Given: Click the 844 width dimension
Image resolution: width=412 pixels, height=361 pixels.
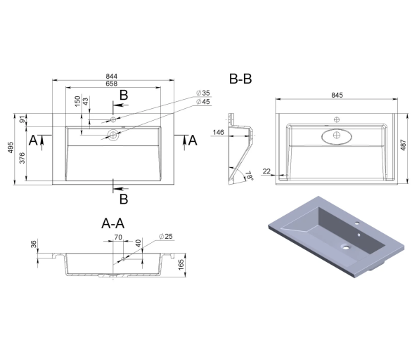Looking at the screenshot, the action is pos(111,76).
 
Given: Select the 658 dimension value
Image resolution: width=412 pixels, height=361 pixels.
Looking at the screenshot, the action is pos(111,84).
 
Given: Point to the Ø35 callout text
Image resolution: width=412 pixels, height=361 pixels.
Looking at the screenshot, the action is pos(203,93).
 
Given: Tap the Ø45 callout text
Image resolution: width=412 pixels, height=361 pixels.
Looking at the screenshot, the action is pos(203,102).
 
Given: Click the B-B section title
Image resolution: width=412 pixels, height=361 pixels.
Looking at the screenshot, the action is pos(240,79).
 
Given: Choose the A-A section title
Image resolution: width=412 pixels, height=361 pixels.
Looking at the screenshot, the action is pos(113,223).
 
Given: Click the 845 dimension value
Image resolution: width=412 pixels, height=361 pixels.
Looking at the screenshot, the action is pos(337,95).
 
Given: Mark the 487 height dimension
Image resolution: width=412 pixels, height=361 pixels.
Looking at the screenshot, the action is pos(404,145).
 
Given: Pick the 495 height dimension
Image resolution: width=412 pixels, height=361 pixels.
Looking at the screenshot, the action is pos(11,147).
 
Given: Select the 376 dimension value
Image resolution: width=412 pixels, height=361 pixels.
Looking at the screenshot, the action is pos(22,158).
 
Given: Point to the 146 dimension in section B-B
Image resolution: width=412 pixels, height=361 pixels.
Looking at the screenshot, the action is pos(219,132).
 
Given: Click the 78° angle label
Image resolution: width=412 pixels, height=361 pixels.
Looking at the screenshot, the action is pos(250,176).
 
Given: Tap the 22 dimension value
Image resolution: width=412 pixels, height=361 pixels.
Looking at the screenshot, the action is pos(266,171).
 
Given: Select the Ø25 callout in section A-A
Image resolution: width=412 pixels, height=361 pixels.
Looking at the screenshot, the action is pos(166,236).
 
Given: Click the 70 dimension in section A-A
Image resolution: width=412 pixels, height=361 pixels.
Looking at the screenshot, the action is pos(118,237).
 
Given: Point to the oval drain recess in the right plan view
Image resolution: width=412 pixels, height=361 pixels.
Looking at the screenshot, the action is pos(337,136).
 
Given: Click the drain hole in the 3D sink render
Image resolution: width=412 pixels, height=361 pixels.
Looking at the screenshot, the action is pos(346,247).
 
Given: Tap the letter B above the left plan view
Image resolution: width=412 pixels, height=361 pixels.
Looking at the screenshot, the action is pos(124,95).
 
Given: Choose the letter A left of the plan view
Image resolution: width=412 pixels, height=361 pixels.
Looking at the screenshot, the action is pos(33,140).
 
